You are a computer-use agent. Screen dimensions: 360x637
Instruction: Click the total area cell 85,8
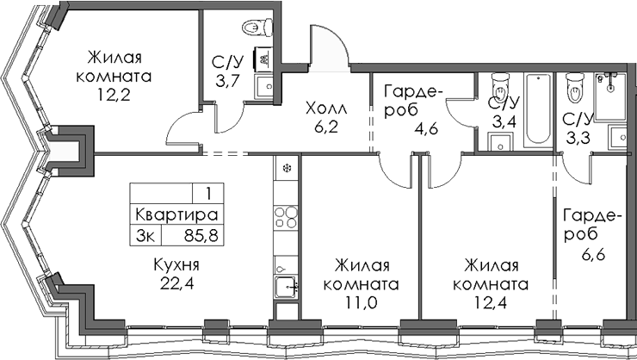point(197,233)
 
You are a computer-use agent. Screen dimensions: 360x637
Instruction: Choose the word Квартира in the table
point(175,214)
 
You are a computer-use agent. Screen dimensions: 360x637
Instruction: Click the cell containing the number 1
point(207,194)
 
